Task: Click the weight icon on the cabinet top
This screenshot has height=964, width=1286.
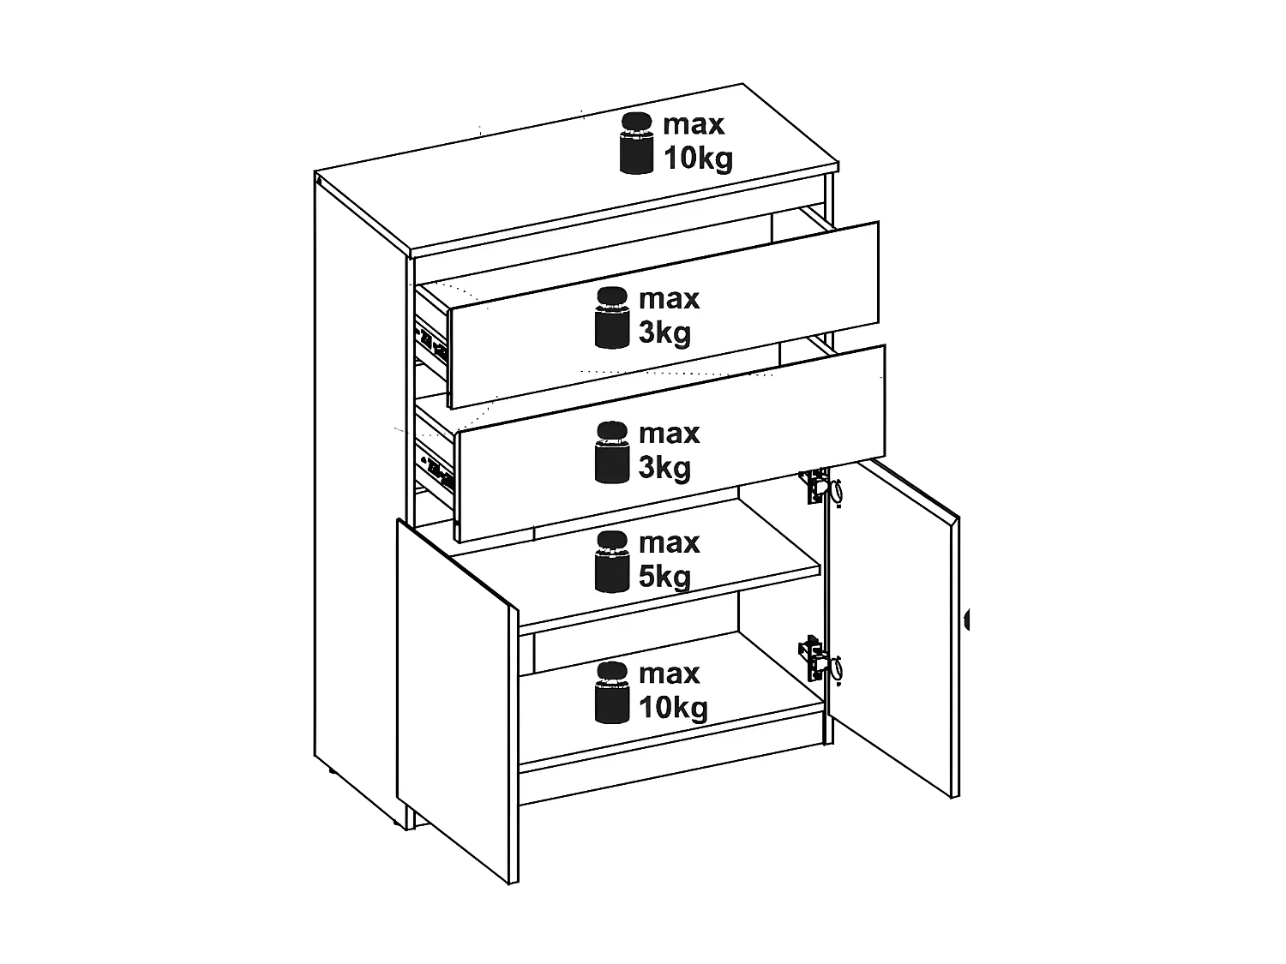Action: tap(636, 143)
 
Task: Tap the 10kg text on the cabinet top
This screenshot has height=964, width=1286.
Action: tap(698, 158)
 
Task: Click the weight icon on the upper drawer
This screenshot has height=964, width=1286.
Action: tap(611, 318)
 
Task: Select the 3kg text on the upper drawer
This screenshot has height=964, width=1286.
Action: tap(664, 332)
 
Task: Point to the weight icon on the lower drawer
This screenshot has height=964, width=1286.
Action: tap(611, 452)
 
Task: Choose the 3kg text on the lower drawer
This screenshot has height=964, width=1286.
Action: tap(664, 467)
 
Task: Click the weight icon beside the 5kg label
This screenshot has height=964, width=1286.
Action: tap(611, 562)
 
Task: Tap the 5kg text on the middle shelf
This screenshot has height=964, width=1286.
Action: tap(664, 577)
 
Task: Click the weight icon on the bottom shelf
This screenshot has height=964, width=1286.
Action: tap(611, 692)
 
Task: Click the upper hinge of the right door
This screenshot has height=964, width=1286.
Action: tap(820, 486)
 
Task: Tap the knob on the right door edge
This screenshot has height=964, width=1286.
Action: tap(966, 620)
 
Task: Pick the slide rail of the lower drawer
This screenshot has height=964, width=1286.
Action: tap(435, 465)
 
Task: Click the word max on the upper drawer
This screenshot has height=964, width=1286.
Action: tap(669, 299)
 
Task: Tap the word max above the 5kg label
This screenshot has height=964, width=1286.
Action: tap(669, 543)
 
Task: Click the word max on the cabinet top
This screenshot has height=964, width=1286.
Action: tap(694, 124)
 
